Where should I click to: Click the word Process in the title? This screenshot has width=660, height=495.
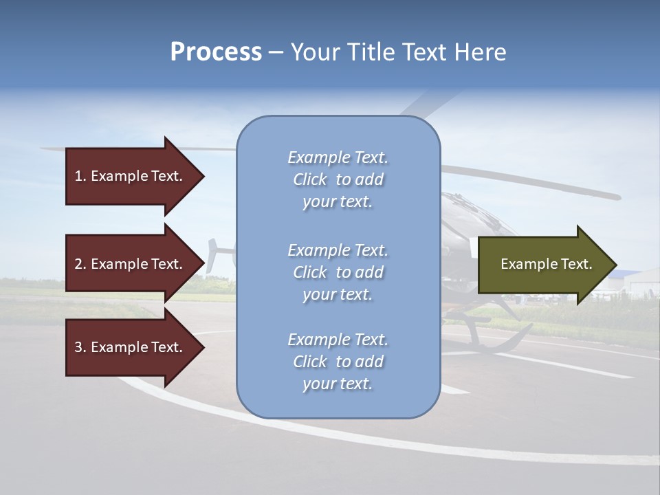(x=216, y=52)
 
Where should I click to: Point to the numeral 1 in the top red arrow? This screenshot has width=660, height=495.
(x=78, y=176)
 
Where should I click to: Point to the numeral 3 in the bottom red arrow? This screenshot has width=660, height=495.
(x=78, y=347)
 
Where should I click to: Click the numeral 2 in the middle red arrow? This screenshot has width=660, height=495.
(x=78, y=264)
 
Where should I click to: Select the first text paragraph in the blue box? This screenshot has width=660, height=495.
(x=338, y=179)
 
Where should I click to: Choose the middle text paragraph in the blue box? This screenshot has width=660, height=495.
(x=338, y=272)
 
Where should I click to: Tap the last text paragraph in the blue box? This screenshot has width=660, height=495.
(x=338, y=362)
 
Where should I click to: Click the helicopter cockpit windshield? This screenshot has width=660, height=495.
(x=474, y=213)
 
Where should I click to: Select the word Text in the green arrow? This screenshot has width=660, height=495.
(x=576, y=264)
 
